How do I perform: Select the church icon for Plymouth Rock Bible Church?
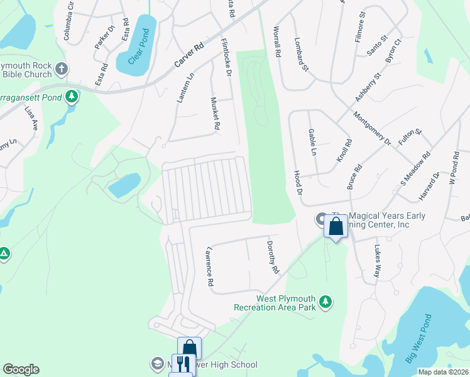tap(61, 68)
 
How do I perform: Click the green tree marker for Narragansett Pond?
tap(73, 96)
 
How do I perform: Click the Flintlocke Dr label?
tap(226, 58)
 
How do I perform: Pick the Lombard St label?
tap(301, 55)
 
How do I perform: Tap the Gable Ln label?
tap(312, 142)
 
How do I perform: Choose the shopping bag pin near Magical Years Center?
tap(336, 226)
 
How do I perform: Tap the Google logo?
tap(21, 369)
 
